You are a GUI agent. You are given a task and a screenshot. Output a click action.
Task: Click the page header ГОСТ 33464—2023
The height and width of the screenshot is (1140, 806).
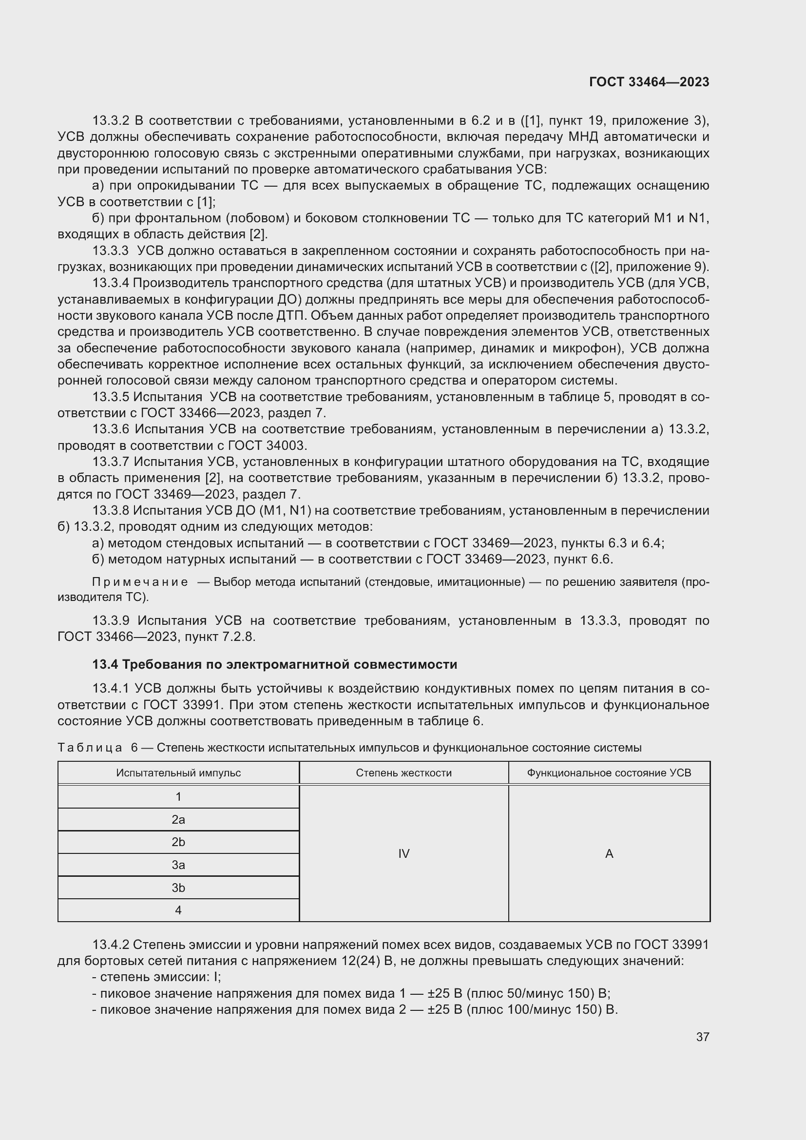point(649,82)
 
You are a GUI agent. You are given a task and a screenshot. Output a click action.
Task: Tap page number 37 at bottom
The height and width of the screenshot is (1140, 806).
point(702,1036)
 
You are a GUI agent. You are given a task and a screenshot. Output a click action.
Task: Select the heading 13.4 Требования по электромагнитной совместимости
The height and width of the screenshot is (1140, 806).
point(274,664)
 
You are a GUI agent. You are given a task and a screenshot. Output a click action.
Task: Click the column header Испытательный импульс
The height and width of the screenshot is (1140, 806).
point(178,773)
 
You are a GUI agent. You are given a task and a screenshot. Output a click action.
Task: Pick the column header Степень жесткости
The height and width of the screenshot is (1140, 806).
point(403,773)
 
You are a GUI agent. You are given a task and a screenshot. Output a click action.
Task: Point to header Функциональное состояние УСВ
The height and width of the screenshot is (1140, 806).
point(609,773)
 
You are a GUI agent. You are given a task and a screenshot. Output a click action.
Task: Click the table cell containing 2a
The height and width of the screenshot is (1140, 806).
point(178,819)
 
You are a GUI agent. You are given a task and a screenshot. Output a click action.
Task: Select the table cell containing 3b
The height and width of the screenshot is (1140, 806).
point(178,887)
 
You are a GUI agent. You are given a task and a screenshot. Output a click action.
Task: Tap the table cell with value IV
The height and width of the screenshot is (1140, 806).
point(403,853)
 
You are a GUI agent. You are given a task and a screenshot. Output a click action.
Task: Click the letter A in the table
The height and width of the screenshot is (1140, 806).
point(609,853)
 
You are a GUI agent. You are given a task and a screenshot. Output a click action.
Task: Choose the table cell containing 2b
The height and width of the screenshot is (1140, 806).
point(178,842)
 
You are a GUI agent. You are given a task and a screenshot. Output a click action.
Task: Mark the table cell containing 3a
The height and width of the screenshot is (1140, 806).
point(178,865)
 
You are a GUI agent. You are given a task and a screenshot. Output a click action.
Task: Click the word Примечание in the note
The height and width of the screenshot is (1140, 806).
point(140,582)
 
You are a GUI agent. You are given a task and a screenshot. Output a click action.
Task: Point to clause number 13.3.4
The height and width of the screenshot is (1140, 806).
point(110,283)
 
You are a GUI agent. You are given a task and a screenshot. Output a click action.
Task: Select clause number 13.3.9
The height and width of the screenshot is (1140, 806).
point(110,620)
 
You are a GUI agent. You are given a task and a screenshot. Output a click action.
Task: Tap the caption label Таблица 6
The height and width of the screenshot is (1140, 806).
point(97,748)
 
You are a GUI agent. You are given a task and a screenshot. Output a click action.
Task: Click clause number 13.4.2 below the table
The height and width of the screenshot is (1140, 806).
point(110,945)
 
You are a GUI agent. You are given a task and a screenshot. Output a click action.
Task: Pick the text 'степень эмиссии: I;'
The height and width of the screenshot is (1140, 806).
point(160,977)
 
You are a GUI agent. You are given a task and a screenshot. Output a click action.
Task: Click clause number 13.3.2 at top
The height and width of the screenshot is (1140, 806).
point(110,121)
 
